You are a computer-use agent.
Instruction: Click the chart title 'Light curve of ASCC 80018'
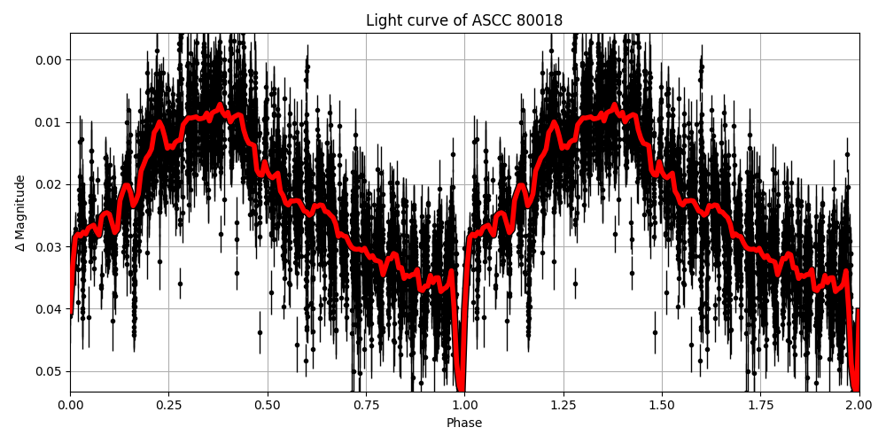pos(464,20)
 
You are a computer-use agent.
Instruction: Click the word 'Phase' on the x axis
pos(464,424)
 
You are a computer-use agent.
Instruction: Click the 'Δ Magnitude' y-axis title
pos(20,213)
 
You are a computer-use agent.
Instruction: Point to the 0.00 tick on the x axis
pos(71,405)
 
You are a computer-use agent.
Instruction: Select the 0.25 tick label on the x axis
pos(169,405)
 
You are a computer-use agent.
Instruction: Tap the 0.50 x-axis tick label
pos(268,405)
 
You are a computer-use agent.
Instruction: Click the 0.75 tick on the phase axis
pos(366,405)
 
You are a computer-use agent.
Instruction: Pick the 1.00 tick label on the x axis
pos(465,405)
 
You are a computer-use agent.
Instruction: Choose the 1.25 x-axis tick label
pos(563,405)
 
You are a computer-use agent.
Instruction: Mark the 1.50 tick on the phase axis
pos(662,405)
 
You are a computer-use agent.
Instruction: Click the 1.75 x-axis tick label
pos(760,405)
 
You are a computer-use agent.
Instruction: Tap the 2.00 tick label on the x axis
pos(859,405)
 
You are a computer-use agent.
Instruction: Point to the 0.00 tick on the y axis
pos(50,60)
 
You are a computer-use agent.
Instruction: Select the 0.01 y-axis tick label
pos(50,122)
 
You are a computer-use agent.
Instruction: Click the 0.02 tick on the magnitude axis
pos(50,184)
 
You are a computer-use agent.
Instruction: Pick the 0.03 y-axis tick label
pos(50,247)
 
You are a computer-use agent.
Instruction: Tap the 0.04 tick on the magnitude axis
pos(50,309)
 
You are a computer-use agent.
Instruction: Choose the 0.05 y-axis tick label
pos(50,371)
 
